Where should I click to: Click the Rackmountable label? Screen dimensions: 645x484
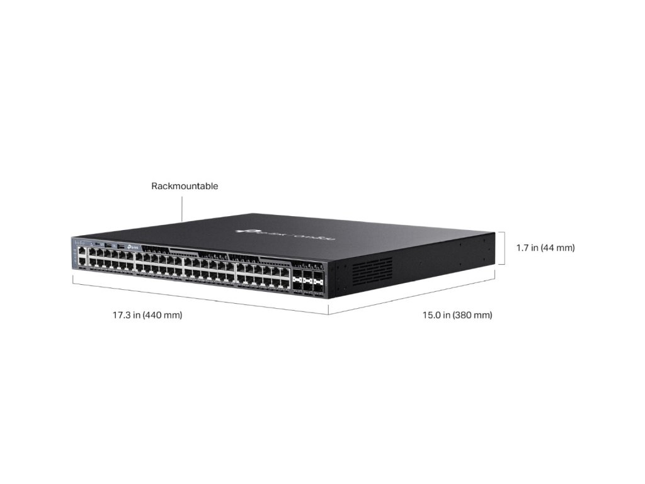click(185, 186)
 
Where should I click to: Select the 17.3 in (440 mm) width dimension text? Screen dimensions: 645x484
click(147, 314)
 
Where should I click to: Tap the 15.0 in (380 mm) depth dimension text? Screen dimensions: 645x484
click(457, 314)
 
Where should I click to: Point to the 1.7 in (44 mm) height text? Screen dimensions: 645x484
click(545, 248)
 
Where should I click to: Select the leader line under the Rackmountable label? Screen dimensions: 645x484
click(182, 207)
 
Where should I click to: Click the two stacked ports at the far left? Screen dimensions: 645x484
click(82, 255)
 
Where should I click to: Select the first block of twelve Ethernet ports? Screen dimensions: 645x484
click(111, 260)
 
